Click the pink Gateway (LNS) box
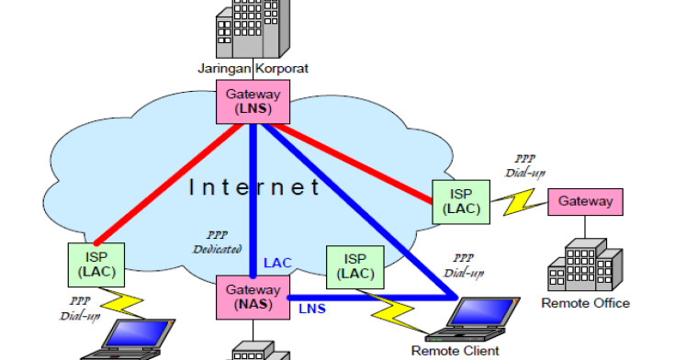pos(253,100)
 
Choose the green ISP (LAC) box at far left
pos(96,264)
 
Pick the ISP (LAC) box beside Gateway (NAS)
pos(354,266)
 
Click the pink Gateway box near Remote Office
pos(586,201)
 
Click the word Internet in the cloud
pos(254,188)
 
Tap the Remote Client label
pos(455,350)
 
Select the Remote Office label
pos(585,303)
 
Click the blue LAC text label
pos(277,264)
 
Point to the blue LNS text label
pos(311,309)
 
